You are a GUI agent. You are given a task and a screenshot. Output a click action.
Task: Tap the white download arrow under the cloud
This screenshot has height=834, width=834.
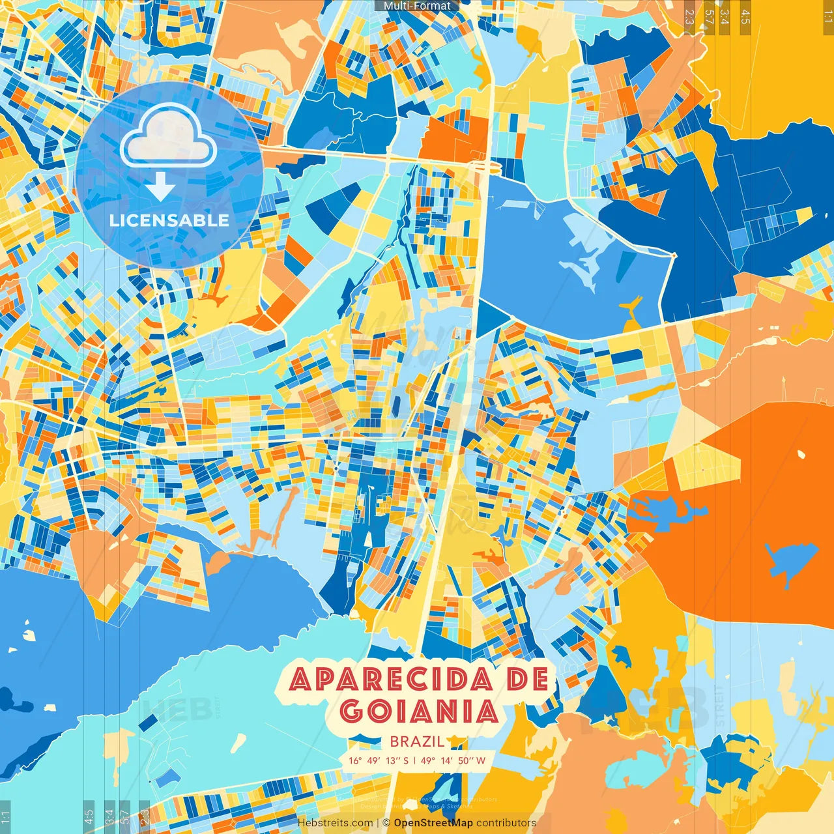160,188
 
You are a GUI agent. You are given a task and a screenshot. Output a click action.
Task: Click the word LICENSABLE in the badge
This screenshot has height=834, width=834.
169,220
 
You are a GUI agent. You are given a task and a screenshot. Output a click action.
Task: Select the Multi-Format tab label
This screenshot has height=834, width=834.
417,6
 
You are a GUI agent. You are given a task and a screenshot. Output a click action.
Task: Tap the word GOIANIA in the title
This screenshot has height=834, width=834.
419,712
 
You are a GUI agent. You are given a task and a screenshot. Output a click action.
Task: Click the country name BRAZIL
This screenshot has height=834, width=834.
417,741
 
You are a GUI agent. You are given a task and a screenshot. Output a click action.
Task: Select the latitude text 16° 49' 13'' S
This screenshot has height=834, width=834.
379,760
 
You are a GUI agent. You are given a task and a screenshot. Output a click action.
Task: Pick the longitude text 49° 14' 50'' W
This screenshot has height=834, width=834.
453,760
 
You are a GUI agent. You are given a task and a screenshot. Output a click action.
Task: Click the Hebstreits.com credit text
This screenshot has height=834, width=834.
336,823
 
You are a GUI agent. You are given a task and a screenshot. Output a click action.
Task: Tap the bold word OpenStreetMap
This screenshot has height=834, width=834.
433,823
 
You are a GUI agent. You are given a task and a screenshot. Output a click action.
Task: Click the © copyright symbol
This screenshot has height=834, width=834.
386,823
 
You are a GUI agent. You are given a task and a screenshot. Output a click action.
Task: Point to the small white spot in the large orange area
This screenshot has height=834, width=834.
800,454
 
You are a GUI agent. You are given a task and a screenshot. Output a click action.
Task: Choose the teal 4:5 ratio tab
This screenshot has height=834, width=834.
89,816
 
